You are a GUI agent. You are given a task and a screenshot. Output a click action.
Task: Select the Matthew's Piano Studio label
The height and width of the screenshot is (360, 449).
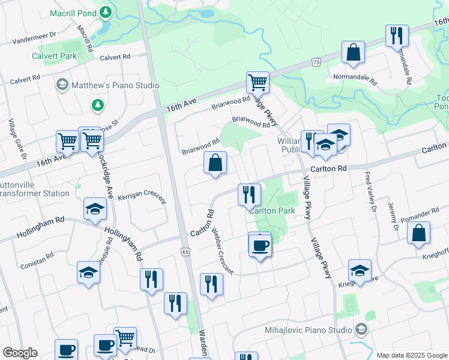point(115,85)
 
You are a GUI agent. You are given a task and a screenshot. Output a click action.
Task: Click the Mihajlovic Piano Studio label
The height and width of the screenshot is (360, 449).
point(308,330)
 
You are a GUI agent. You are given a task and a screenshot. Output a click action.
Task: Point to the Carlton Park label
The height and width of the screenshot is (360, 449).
point(272,211)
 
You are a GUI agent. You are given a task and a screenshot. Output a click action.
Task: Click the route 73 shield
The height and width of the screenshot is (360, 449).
point(315,62)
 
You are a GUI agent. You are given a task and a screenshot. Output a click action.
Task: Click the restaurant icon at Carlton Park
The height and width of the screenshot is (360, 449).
point(249,194)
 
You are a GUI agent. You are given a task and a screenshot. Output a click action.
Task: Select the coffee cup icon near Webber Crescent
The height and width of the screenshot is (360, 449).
point(259,245)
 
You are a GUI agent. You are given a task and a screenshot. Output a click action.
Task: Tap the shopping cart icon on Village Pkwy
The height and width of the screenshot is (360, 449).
point(258,82)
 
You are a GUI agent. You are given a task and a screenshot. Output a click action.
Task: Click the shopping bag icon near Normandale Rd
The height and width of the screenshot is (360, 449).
point(354,52)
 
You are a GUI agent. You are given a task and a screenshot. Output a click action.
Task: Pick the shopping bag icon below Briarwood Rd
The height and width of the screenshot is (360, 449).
point(215,163)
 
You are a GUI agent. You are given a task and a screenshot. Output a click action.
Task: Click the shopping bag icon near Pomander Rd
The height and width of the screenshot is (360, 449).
point(418,233)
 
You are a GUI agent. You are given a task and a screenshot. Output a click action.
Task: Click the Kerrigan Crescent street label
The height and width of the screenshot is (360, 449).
point(142,198)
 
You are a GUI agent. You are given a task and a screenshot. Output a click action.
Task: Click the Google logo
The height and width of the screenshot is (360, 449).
point(20,353)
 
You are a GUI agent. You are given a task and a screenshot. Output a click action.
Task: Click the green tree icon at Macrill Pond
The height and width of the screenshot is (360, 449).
point(106,12)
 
